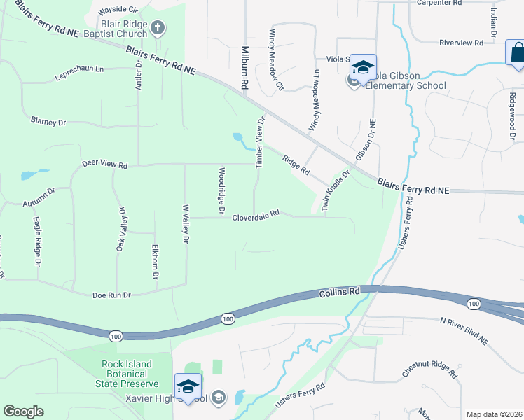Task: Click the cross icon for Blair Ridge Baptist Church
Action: tap(158, 28)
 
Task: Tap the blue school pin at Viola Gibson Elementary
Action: tap(363, 67)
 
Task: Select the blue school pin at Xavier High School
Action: tap(188, 386)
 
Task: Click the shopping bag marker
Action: tap(516, 53)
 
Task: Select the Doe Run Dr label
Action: tap(112, 295)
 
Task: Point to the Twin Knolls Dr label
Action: tap(336, 190)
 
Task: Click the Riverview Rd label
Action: tap(462, 43)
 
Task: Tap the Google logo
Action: tap(23, 411)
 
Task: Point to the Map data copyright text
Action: tap(493, 414)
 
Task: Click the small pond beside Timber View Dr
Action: tap(238, 137)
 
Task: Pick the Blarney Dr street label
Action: tap(48, 121)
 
